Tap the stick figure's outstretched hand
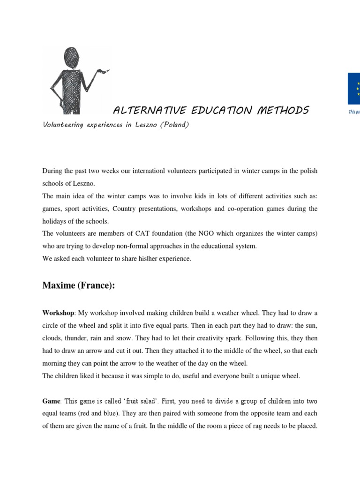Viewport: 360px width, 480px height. pyautogui.click(x=103, y=71)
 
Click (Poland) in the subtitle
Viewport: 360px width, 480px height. pyautogui.click(x=175, y=125)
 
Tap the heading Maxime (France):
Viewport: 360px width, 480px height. pyautogui.click(x=78, y=286)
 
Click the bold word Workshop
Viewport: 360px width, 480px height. pyautogui.click(x=58, y=313)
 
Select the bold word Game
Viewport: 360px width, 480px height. pyautogui.click(x=51, y=401)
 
